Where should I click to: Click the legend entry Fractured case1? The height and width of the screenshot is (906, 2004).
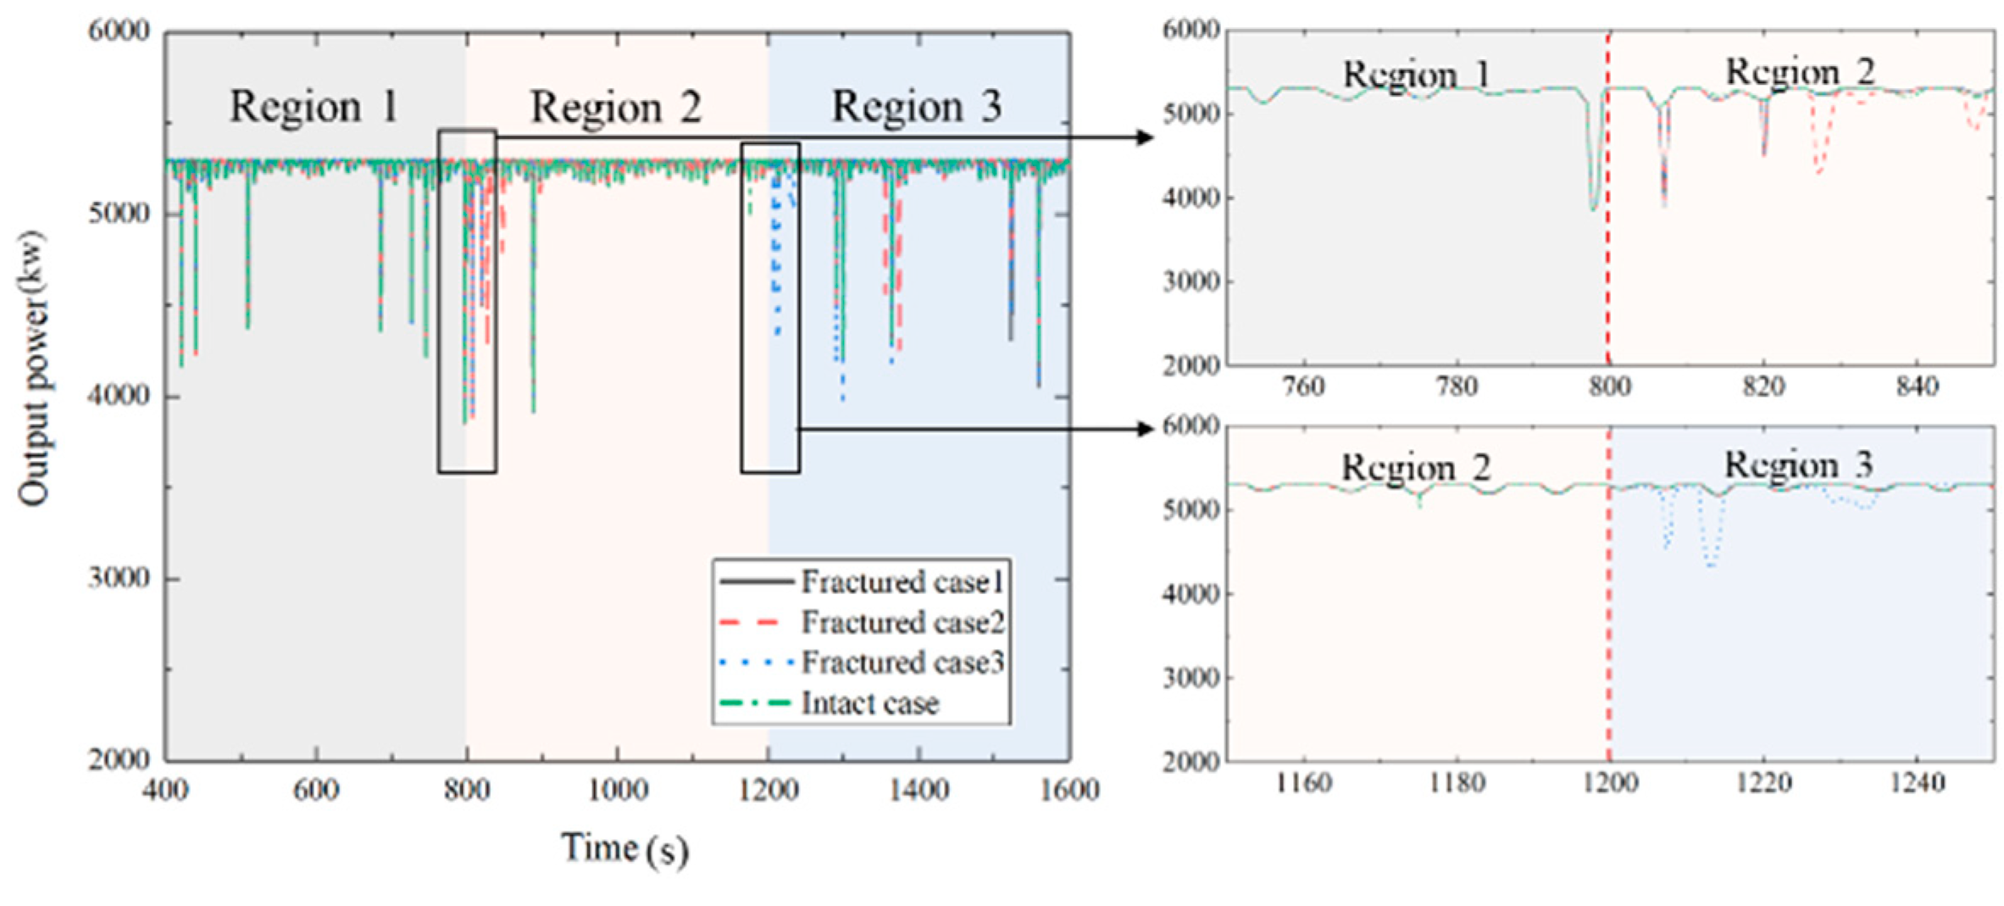point(902,582)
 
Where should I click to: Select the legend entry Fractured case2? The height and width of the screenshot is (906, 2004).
point(902,623)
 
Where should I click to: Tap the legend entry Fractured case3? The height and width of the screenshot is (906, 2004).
point(902,662)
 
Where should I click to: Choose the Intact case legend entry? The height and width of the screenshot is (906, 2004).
point(869,703)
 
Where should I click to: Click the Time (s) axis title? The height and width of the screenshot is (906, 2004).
point(625,848)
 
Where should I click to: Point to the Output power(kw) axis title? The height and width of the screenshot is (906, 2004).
point(34,369)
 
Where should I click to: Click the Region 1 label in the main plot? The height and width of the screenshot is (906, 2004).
point(314,107)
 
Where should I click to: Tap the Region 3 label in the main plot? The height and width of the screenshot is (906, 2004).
point(917,107)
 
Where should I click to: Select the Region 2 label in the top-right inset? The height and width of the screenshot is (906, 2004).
point(1801,72)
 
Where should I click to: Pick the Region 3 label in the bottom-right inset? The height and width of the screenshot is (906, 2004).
point(1799,464)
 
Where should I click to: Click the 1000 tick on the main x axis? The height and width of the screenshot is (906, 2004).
point(618,790)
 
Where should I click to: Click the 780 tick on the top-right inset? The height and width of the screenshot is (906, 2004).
point(1457,387)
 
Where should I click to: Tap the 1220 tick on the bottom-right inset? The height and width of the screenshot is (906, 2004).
point(1763,782)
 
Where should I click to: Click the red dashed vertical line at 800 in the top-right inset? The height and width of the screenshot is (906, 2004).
point(1608,254)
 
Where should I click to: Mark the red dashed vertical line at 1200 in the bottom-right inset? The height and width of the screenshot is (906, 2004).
point(1608,636)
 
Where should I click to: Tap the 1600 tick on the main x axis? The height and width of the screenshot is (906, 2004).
point(1069,790)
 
